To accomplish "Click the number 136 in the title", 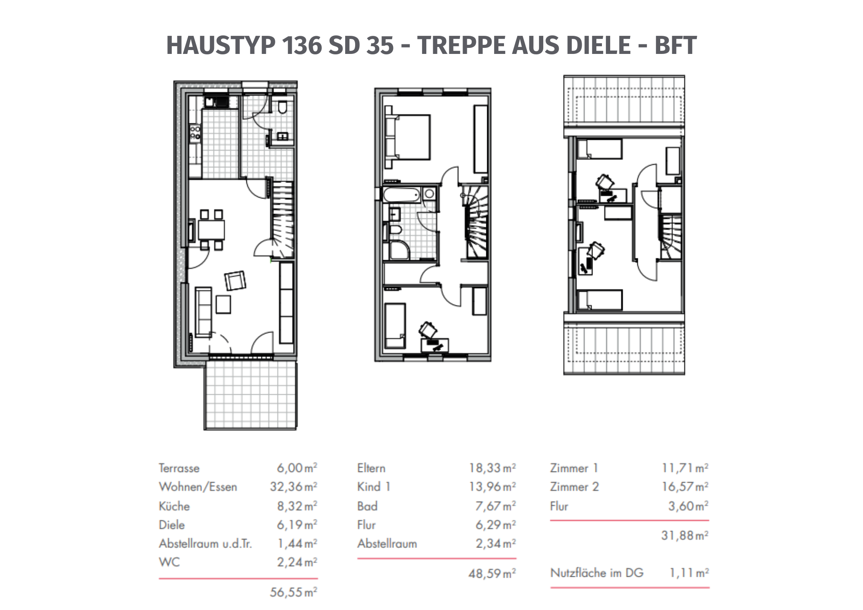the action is tap(302, 45).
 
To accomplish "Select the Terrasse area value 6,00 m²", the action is tap(297, 468).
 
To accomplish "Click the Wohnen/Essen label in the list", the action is tap(198, 487).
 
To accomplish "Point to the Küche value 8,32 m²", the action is tap(297, 506).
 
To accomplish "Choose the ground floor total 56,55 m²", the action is tap(293, 592).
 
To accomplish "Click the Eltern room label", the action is tap(371, 468).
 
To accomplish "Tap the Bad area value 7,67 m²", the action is tap(495, 506).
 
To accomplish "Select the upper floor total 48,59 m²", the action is tap(492, 573).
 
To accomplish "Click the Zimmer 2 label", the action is tap(574, 487).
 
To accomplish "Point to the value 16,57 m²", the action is tap(685, 487).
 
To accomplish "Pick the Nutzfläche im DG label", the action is tap(597, 573).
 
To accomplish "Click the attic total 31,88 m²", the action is tap(685, 535).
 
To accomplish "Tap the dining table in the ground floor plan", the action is tap(211, 230).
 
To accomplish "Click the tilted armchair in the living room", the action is tap(235, 280).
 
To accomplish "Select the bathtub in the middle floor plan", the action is tap(402, 195).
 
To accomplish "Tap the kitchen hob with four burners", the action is tap(195, 132).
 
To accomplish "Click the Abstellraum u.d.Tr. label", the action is tap(205, 543).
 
